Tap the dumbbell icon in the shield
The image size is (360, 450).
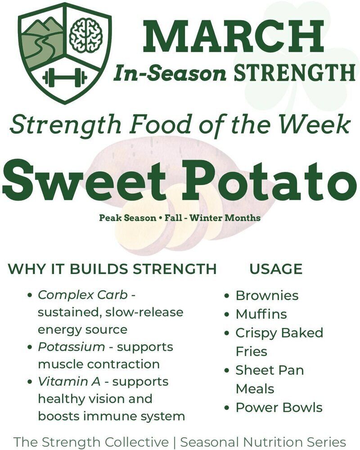(x=65, y=77)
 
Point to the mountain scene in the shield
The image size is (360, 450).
(x=42, y=41)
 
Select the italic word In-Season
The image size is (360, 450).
(x=170, y=73)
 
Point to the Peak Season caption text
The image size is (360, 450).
(x=180, y=217)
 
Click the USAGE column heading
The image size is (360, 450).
(x=276, y=269)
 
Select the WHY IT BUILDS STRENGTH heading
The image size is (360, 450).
(x=112, y=269)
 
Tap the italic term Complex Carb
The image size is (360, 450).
(x=83, y=295)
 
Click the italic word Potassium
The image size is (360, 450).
(x=72, y=347)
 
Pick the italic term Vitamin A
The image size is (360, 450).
(x=69, y=382)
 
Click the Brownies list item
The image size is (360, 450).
(x=267, y=296)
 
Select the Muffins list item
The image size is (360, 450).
(x=261, y=314)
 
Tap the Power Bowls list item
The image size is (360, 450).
(x=279, y=408)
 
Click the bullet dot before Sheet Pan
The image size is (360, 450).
(x=227, y=370)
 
